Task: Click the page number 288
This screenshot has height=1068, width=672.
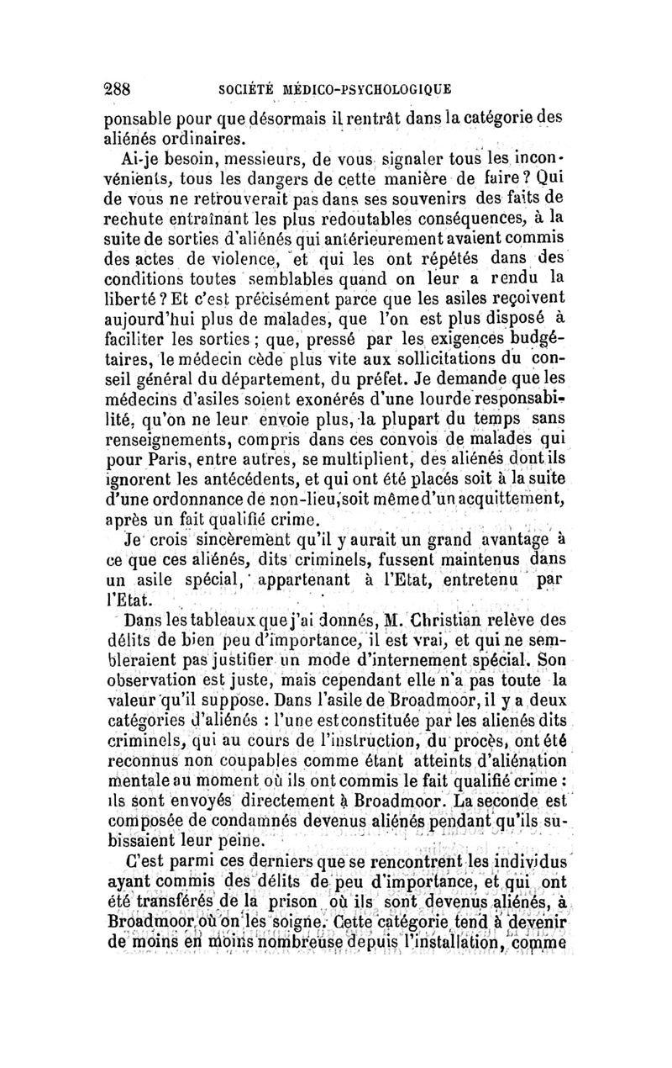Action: pos(119,88)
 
